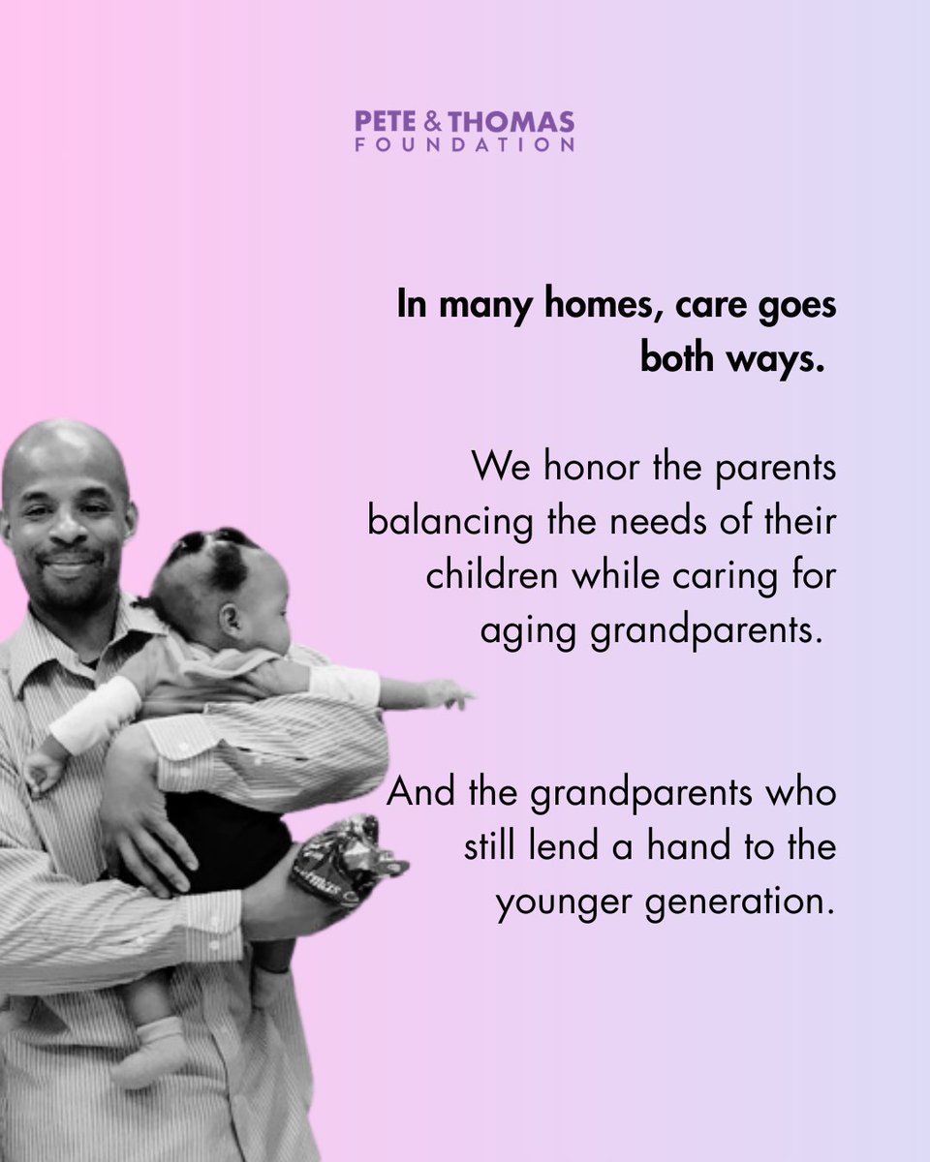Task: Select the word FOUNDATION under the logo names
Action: point(464,145)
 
